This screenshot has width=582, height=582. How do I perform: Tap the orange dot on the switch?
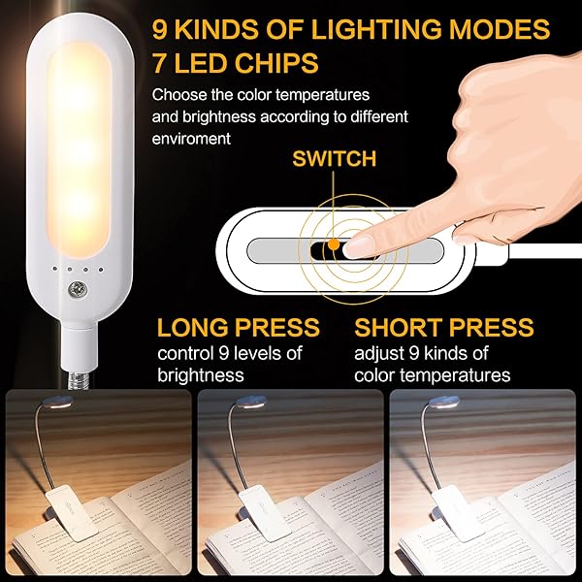click(333, 244)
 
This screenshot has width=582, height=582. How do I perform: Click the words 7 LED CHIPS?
click(235, 65)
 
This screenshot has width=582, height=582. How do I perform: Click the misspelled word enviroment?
click(191, 139)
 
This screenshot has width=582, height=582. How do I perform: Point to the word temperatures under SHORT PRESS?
click(460, 373)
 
